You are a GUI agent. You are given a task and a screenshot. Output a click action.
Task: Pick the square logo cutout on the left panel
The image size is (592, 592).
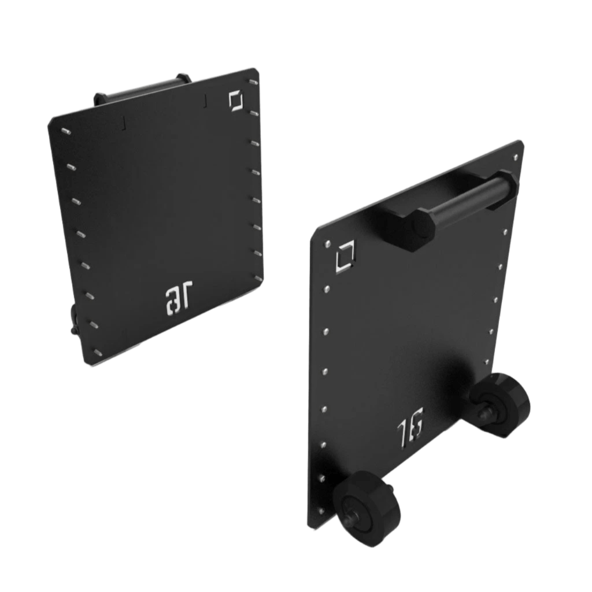coord(236,101)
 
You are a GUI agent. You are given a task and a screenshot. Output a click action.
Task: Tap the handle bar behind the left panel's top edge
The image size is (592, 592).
coord(139,91)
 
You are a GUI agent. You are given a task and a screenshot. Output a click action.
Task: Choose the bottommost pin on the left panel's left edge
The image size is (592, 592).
coord(98,352)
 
